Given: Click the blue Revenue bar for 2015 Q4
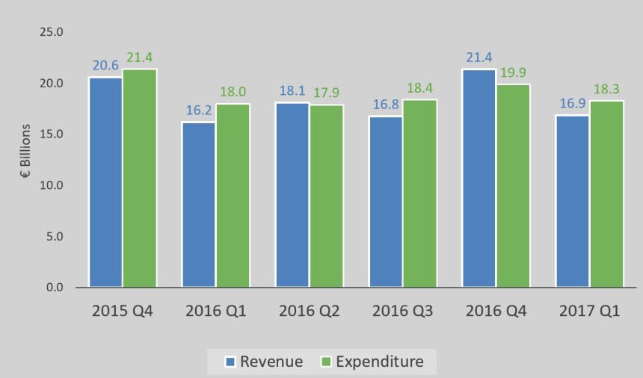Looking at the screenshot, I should pyautogui.click(x=106, y=182).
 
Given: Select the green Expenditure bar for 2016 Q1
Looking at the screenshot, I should pyautogui.click(x=233, y=196).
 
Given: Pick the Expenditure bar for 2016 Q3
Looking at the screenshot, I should pyautogui.click(x=420, y=193).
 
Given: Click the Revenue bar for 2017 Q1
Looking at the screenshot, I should pyautogui.click(x=573, y=201).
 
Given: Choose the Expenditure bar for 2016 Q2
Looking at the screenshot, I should pyautogui.click(x=327, y=196).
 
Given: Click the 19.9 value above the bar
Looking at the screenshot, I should pyautogui.click(x=514, y=74).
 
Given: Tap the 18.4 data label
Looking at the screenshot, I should pyautogui.click(x=420, y=89).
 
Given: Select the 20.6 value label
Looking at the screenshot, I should pyautogui.click(x=106, y=66).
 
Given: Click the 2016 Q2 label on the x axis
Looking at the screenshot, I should pyautogui.click(x=310, y=311).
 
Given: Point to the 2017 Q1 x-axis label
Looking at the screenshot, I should pyautogui.click(x=590, y=311).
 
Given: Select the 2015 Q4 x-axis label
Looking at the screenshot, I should pyautogui.click(x=123, y=311).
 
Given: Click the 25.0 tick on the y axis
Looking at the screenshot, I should pyautogui.click(x=54, y=32).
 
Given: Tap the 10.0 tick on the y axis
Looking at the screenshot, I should pyautogui.click(x=54, y=185).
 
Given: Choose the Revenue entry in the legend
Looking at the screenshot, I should pyautogui.click(x=264, y=362).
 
